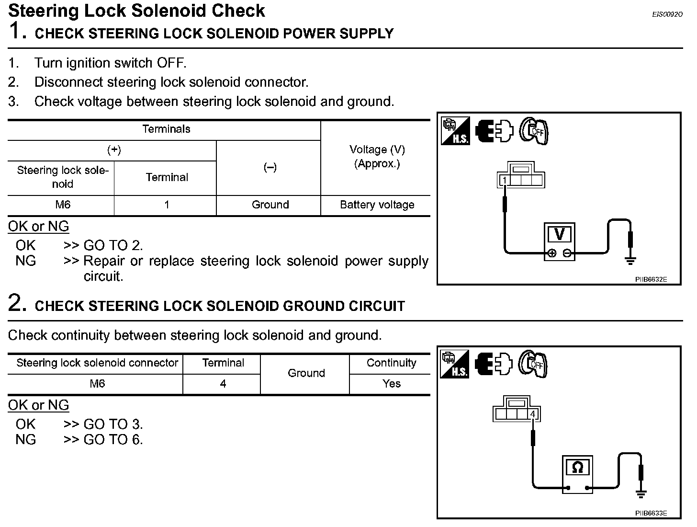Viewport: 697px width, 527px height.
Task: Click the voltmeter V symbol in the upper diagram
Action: tap(559, 235)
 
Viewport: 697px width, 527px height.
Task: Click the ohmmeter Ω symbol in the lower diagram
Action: tap(578, 468)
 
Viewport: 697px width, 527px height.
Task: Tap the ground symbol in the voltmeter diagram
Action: tap(630, 261)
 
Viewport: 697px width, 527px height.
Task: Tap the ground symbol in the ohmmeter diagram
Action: tap(641, 494)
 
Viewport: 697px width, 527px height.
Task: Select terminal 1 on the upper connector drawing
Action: tap(505, 180)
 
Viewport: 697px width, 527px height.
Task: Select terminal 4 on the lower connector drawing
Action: tap(533, 414)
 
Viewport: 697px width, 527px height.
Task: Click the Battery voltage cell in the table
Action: tap(377, 205)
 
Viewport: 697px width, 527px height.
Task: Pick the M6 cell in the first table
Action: tap(63, 205)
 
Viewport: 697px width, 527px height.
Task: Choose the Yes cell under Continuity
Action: tap(391, 384)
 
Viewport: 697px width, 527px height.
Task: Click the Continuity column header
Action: tap(391, 363)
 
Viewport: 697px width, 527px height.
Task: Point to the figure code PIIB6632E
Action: tap(651, 279)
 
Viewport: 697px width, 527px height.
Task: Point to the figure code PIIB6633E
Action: tap(651, 513)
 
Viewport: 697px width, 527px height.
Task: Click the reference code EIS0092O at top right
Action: tap(667, 15)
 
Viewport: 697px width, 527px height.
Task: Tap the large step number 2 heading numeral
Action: tap(15, 304)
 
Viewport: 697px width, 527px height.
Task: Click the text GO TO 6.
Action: tap(113, 440)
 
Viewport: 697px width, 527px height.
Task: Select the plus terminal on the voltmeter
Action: tap(551, 253)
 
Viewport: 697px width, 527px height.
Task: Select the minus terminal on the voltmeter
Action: tap(567, 253)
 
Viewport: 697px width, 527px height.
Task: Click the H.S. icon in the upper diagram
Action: tap(455, 131)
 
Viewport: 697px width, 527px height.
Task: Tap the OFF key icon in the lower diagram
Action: tap(533, 365)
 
